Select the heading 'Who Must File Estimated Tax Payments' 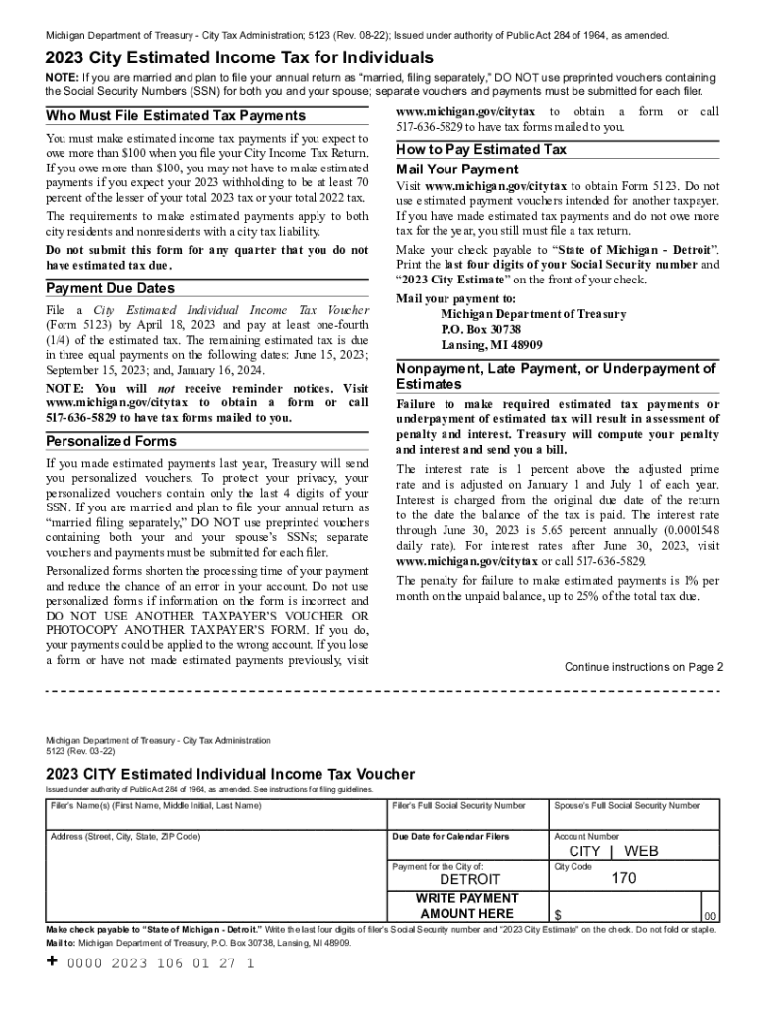coord(176,116)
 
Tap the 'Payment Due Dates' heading coord(110,288)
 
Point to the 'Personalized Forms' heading coord(111,441)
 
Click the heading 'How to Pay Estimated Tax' coord(481,150)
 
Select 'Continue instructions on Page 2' coord(644,667)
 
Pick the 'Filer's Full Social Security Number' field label coord(459,806)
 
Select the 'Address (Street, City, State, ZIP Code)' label coord(125,837)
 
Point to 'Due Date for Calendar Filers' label coord(451,837)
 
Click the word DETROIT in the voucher coord(470,880)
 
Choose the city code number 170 coord(624,879)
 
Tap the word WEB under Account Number coord(641,851)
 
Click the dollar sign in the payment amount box coord(559,913)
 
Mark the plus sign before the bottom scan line coord(53,961)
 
